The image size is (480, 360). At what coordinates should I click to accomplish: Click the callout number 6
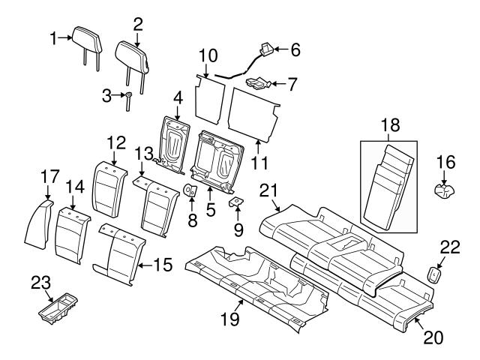point(295,50)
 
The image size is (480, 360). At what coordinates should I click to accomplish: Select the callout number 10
point(208,55)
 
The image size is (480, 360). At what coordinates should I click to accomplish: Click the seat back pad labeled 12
point(108,186)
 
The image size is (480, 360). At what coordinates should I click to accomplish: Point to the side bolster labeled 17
point(37,220)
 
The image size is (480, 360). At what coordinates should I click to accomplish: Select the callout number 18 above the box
point(388,128)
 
